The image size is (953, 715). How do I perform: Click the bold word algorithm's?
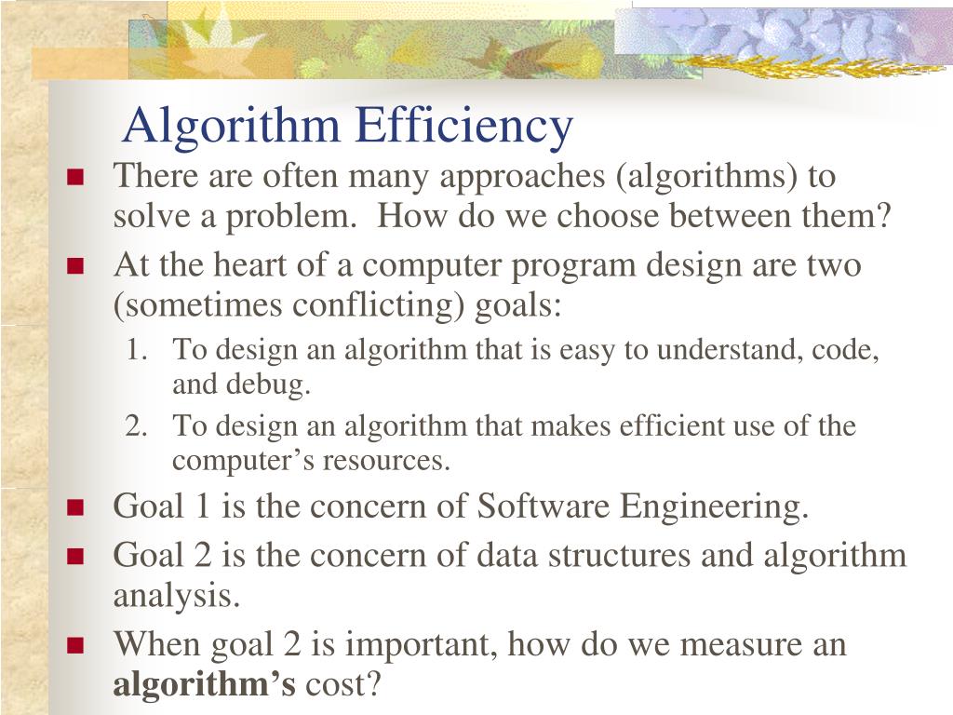point(205,685)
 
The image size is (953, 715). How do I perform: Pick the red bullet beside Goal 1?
point(76,508)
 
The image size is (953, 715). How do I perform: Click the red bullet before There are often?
point(76,177)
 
